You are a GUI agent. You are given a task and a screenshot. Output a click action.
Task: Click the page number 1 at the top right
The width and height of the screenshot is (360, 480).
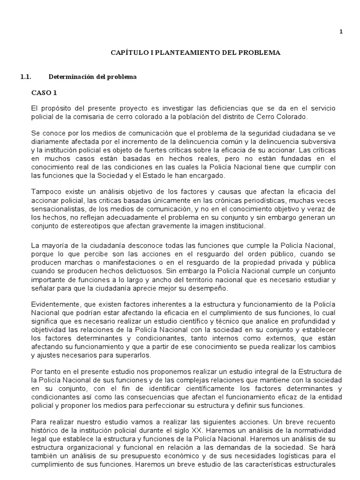(341, 32)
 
